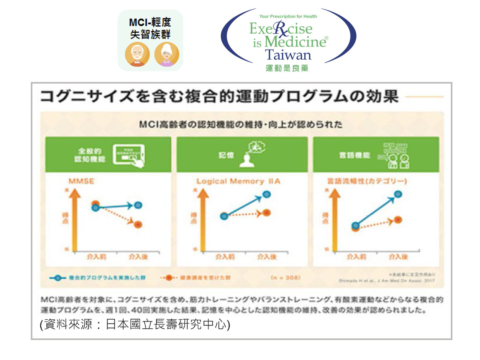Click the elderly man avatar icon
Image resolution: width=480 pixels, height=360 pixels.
click(137, 54)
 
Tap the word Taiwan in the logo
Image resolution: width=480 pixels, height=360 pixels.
click(288, 54)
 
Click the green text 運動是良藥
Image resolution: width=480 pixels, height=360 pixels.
click(287, 68)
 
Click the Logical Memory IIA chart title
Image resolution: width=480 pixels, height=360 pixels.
click(238, 182)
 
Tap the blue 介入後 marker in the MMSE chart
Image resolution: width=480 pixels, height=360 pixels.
click(138, 205)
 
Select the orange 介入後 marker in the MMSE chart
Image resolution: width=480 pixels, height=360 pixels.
click(138, 224)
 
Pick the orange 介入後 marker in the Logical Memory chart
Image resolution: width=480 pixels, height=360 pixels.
click(267, 213)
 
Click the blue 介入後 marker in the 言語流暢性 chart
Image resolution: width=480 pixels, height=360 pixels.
click(398, 194)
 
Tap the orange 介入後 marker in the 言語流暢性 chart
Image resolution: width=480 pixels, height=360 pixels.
click(398, 220)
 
